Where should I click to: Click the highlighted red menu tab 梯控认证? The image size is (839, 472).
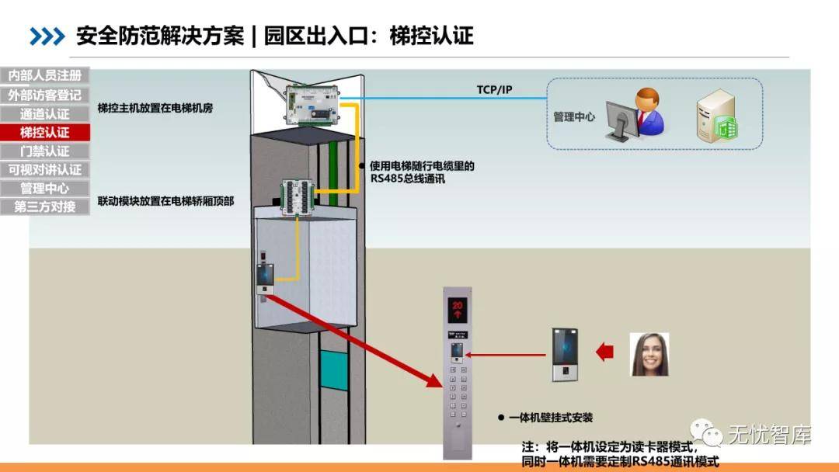pos(45,132)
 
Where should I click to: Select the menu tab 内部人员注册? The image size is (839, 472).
pos(45,76)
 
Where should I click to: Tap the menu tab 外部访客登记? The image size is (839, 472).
pos(45,95)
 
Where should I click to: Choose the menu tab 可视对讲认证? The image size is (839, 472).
pos(45,169)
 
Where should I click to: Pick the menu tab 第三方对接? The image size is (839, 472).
pos(45,206)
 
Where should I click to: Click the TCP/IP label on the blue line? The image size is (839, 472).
pos(494,90)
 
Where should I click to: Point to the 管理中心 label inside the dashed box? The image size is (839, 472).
pos(574,116)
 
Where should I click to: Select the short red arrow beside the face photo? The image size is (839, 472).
pos(605,353)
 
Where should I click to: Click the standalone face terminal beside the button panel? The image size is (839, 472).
pos(566,355)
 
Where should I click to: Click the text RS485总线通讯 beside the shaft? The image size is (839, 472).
pos(407,179)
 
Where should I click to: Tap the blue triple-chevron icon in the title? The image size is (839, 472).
pos(47,36)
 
